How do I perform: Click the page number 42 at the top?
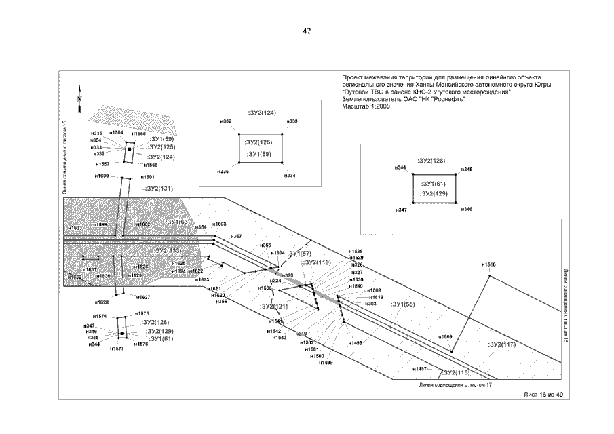click(x=307, y=31)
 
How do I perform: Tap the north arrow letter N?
click(x=79, y=99)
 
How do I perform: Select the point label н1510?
click(x=488, y=264)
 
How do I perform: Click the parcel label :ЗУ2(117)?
click(x=502, y=344)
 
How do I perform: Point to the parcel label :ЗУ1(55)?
click(x=403, y=304)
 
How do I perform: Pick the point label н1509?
click(x=445, y=337)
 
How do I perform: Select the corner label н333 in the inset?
click(x=292, y=121)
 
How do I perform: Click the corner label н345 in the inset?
click(x=466, y=169)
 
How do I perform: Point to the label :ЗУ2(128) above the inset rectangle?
click(x=431, y=161)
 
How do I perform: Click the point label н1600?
click(x=102, y=176)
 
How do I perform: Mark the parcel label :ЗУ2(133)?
click(x=169, y=250)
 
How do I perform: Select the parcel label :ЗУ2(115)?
click(x=454, y=373)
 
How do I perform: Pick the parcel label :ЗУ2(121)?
click(x=274, y=307)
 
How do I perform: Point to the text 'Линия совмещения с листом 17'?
click(x=455, y=384)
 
